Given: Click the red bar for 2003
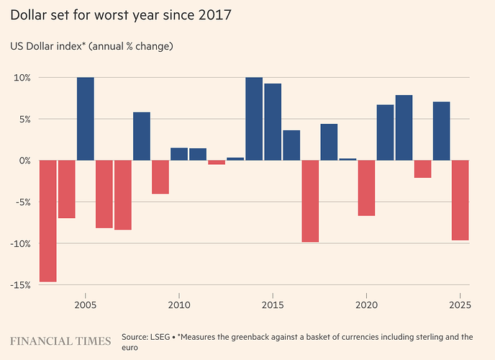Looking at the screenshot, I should (x=47, y=220).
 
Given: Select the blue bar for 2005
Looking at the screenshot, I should (x=86, y=119).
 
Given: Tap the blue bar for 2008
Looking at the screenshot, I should (x=142, y=136).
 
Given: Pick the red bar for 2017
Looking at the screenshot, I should (x=310, y=201).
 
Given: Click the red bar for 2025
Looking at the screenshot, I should (x=460, y=200).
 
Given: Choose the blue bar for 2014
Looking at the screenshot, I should (x=254, y=119).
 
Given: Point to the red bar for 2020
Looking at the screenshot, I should (x=366, y=188).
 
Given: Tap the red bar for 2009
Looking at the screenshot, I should (x=160, y=177).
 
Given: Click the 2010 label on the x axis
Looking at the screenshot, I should (x=178, y=305).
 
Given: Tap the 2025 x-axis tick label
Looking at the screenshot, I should (x=460, y=305).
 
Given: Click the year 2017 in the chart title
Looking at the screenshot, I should (x=215, y=14).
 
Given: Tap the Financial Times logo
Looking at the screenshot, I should (x=60, y=341).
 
